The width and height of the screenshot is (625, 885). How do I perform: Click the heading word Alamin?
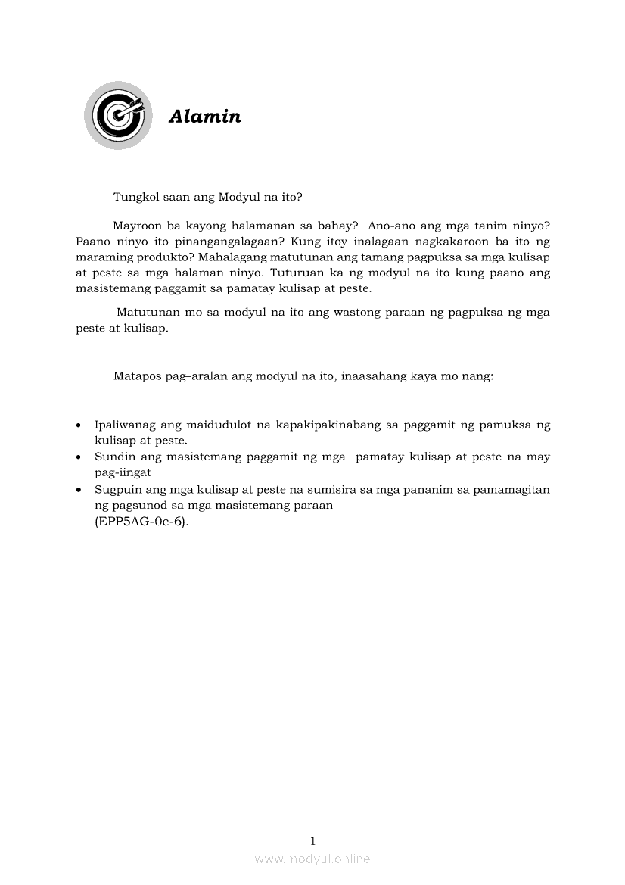205,117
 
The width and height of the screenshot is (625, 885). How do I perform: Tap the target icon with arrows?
116,115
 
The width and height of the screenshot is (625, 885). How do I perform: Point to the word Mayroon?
136,225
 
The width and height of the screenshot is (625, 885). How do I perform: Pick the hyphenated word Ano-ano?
393,225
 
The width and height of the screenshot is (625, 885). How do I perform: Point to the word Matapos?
135,376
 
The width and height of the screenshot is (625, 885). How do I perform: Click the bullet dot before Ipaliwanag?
79,425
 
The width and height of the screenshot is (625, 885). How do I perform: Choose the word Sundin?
113,457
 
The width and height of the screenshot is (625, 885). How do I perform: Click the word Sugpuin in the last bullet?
117,489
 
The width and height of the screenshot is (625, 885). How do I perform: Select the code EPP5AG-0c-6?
141,522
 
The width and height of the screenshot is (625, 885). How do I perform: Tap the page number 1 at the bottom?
312,840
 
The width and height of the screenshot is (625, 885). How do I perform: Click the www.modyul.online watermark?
312,859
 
